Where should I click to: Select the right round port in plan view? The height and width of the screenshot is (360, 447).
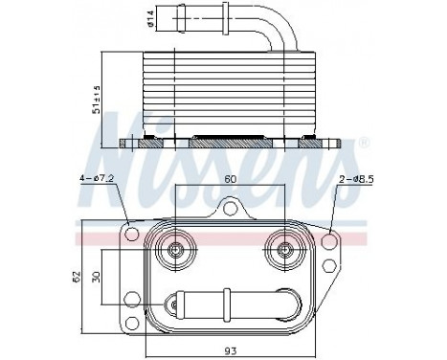click(284, 251)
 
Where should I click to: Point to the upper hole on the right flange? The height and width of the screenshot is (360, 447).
click(330, 239)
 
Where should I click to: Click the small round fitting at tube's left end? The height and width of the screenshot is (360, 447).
click(173, 305)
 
